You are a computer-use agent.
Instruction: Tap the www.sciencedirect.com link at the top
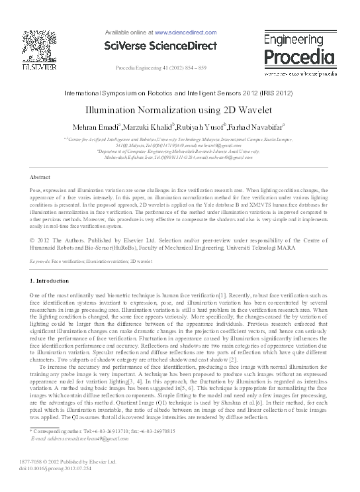[x=183, y=32]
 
